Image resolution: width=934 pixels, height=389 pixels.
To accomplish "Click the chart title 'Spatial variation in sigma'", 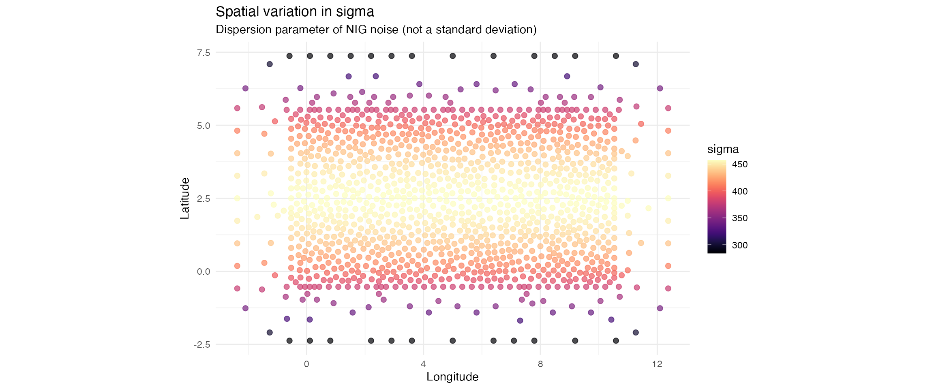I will (x=295, y=12).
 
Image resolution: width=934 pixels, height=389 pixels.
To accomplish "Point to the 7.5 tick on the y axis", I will (x=204, y=53).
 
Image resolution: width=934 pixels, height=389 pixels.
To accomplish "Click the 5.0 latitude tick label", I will (x=204, y=126).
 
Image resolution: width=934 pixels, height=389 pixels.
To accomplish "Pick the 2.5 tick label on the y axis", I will (x=204, y=199).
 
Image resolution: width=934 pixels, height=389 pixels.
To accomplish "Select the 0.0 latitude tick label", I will (x=204, y=271).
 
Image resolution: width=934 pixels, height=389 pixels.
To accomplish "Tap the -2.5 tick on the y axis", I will (x=202, y=344).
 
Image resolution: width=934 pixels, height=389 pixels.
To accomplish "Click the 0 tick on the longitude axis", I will (x=306, y=364).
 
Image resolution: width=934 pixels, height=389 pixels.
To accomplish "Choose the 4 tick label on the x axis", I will (x=423, y=364).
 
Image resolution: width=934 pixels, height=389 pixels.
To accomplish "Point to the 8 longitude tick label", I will (x=540, y=364).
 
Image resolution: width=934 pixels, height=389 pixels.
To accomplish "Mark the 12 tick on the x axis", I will (x=657, y=364).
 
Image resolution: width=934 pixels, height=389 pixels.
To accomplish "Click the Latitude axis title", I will (x=185, y=199).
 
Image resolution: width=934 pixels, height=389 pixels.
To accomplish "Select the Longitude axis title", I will (x=452, y=377).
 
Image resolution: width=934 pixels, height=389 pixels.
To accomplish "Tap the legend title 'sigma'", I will (x=723, y=150).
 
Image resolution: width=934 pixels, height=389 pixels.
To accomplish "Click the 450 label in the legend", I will (x=740, y=165).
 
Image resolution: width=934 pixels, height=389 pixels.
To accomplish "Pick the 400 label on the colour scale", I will (x=740, y=191).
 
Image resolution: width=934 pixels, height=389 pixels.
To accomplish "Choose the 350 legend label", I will (x=740, y=218).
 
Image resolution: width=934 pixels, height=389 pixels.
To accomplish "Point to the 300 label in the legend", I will (x=740, y=245).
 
